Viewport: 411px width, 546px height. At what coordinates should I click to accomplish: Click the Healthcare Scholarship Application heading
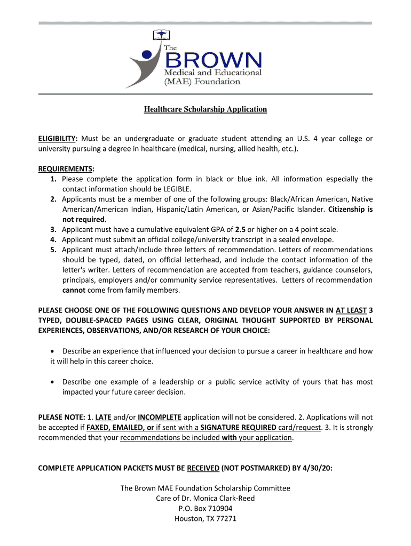[x=205, y=109]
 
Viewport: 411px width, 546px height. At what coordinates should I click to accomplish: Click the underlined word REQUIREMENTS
[x=66, y=169]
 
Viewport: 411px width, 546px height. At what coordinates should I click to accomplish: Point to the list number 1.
[x=54, y=179]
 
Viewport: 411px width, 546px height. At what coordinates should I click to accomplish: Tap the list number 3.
[x=54, y=229]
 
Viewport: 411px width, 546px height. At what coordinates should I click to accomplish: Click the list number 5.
[x=54, y=250]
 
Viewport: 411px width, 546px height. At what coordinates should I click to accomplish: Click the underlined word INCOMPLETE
[x=160, y=417]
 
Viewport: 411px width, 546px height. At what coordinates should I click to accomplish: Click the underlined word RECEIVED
[x=202, y=468]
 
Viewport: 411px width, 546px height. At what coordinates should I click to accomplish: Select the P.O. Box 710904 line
[x=205, y=508]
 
